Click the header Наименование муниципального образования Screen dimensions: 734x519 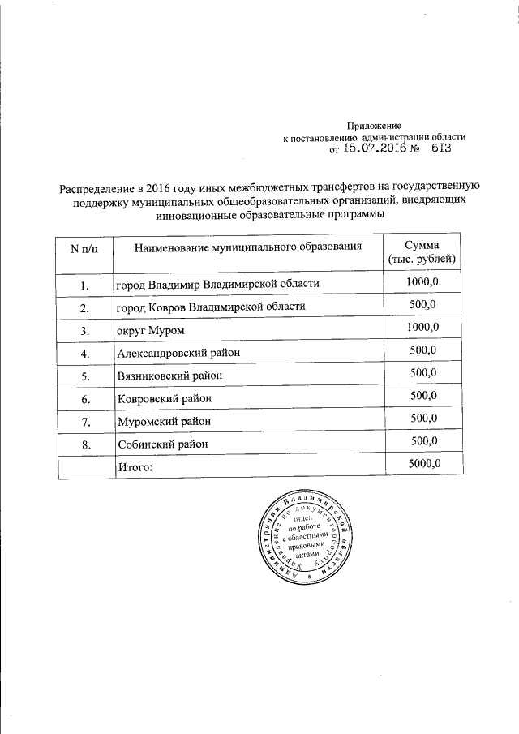point(247,246)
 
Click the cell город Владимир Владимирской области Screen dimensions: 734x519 point(218,285)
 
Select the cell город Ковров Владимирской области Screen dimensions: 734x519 point(211,307)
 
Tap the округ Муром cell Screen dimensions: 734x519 point(152,331)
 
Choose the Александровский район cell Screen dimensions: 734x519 point(178,353)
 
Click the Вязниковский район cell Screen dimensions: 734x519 point(169,376)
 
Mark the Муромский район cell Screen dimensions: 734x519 point(164,422)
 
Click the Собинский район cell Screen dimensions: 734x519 point(163,444)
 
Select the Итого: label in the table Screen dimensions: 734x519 point(135,467)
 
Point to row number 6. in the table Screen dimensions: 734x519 point(84,399)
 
